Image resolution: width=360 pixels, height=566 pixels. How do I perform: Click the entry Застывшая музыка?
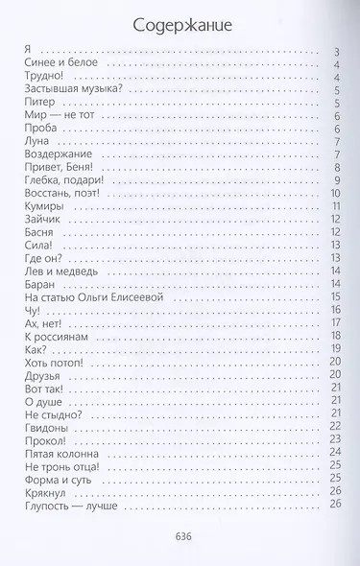69,89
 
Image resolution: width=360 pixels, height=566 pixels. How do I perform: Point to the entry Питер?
37,102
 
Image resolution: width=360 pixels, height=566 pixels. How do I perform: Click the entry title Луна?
35,140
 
